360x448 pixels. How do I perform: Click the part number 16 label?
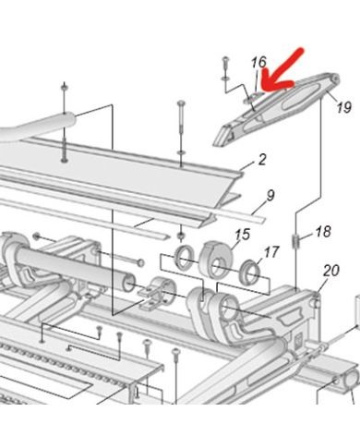point(258,62)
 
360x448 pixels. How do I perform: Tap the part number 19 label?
point(343,107)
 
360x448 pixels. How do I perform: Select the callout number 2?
point(262,160)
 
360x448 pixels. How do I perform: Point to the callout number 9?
point(270,196)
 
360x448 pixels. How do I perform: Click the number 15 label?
point(243,235)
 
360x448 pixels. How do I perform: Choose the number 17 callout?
point(271,252)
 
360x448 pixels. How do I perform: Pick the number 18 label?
point(323,232)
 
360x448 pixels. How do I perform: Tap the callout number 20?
point(331,271)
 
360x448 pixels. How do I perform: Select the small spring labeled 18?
point(294,240)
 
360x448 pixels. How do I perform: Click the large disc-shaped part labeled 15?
point(216,260)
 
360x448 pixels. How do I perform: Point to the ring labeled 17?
point(249,272)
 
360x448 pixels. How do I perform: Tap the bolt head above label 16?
point(225,58)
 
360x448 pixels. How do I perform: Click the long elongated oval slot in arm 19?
point(300,97)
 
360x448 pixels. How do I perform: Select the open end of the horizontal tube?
point(128,284)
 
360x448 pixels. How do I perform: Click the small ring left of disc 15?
point(184,257)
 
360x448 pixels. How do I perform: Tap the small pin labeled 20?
point(316,300)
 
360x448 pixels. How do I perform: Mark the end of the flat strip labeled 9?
point(261,220)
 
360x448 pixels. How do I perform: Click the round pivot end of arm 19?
point(333,79)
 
